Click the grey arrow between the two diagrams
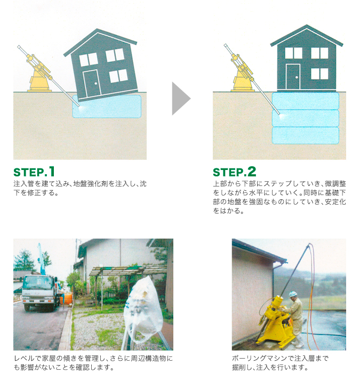click(x=180, y=99)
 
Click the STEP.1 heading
click(x=34, y=172)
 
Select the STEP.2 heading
click(x=235, y=172)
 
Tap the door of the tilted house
click(x=92, y=83)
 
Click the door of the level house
click(x=293, y=77)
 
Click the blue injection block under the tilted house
click(x=107, y=107)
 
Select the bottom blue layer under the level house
click(x=306, y=135)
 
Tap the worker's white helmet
click(x=293, y=294)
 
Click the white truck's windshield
click(x=38, y=282)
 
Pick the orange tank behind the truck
click(x=67, y=298)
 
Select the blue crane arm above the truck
click(x=41, y=259)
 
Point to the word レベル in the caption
click(x=25, y=359)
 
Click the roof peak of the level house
click(x=307, y=25)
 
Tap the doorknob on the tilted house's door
click(x=95, y=84)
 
